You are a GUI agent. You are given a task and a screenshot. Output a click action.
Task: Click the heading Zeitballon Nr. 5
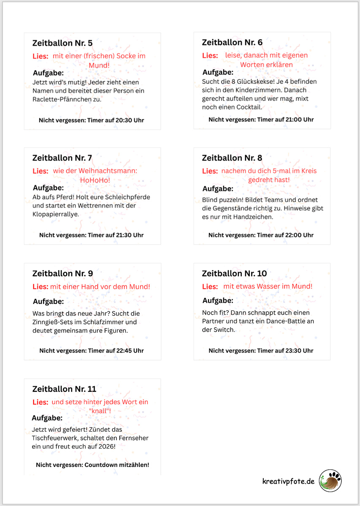62,43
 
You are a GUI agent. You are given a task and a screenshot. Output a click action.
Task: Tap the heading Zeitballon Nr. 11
64,389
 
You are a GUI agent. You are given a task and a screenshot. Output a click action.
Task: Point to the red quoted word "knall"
100,411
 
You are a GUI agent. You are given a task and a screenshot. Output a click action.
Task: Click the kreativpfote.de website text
288,481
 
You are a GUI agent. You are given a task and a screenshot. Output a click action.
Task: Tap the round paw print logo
330,481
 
